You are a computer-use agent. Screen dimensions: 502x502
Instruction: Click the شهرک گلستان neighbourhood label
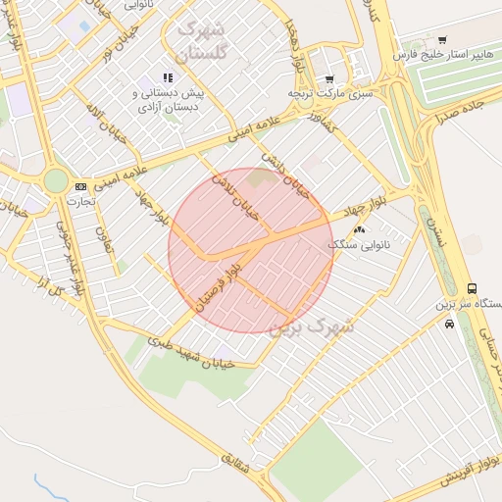point(204,41)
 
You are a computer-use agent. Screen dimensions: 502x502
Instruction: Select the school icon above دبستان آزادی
point(168,77)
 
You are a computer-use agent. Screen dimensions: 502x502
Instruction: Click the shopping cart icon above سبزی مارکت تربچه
point(329,78)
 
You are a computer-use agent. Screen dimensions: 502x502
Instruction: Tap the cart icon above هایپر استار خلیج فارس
point(442,40)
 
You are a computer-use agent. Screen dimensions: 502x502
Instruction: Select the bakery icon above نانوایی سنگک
point(358,229)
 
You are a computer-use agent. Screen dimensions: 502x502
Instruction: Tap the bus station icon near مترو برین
point(473,288)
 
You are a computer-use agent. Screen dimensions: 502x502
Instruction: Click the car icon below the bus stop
point(449,323)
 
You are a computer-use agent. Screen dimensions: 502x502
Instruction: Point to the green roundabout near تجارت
point(56,180)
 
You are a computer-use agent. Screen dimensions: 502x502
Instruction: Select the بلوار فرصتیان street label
point(219,284)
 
